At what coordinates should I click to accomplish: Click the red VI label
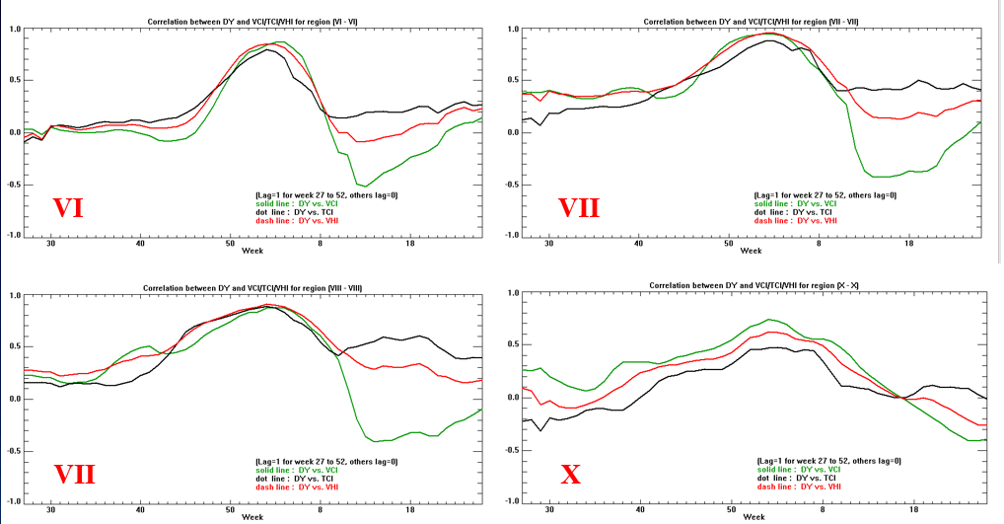pyautogui.click(x=67, y=208)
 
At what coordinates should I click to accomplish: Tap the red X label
pyautogui.click(x=570, y=475)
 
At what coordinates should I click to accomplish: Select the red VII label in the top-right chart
pyautogui.click(x=579, y=208)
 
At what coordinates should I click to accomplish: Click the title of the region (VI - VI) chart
pyautogui.click(x=253, y=21)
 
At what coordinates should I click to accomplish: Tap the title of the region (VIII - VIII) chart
pyautogui.click(x=252, y=287)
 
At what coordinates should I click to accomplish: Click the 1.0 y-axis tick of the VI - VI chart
pyautogui.click(x=15, y=29)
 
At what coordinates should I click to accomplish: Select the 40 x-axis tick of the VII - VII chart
pyautogui.click(x=638, y=244)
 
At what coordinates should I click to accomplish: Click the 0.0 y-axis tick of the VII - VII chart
pyautogui.click(x=513, y=132)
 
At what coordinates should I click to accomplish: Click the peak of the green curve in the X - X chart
pyautogui.click(x=770, y=319)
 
